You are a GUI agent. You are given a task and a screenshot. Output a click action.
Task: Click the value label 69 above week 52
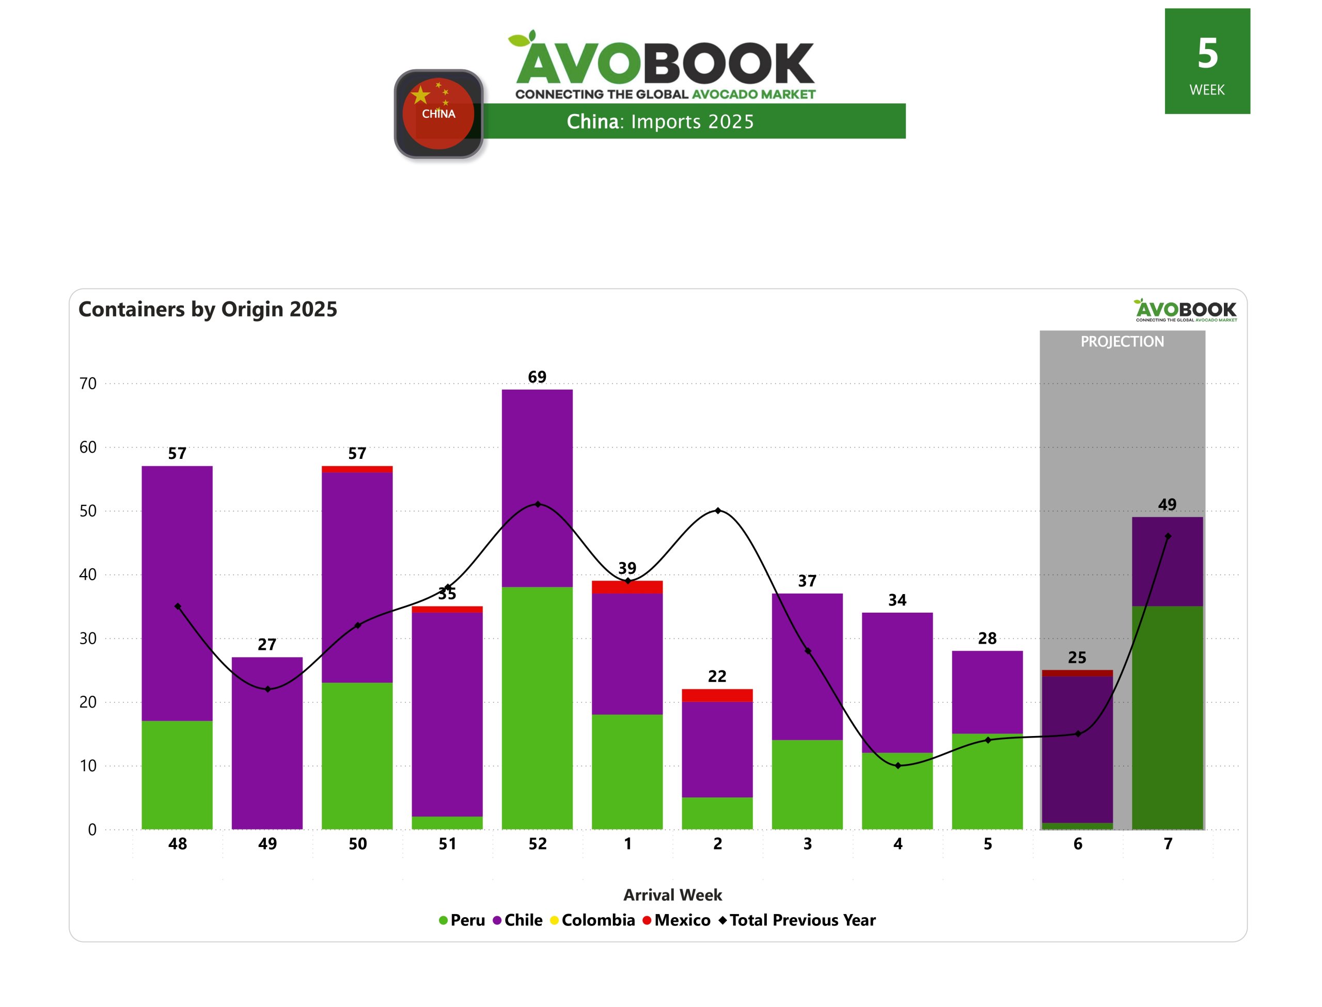537,377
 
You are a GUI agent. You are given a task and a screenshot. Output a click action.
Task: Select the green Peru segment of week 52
537,707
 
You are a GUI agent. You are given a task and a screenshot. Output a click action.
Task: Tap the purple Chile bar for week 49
267,743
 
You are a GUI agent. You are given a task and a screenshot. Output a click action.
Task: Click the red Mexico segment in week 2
717,695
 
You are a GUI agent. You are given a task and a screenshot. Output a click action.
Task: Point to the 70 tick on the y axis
88,383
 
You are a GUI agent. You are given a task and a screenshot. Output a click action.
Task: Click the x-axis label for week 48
178,844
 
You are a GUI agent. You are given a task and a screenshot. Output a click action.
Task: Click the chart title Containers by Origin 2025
208,309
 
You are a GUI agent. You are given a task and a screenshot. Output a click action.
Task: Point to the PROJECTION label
1122,342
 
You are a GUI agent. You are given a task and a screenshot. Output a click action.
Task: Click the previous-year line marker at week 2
718,510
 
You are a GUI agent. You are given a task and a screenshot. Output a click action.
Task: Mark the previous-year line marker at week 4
898,765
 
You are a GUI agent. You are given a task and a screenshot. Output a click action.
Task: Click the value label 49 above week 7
1167,505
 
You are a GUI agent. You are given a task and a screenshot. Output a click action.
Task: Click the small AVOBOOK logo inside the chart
1185,311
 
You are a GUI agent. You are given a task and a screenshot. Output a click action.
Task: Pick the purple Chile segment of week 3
807,666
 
